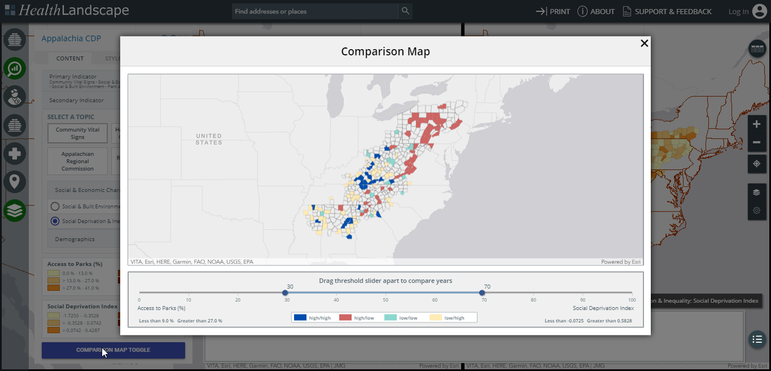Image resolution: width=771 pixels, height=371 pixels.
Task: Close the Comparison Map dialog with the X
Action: [644, 43]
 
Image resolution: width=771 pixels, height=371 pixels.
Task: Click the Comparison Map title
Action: [385, 52]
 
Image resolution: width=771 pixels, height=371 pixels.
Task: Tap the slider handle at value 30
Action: [285, 293]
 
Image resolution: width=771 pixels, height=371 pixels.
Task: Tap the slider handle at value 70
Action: [482, 293]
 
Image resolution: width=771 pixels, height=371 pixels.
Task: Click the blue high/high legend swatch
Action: [300, 317]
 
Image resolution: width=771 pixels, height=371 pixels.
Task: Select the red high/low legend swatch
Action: [345, 317]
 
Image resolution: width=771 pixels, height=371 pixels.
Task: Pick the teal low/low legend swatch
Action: [391, 317]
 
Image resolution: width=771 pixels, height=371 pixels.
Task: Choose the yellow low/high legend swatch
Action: [436, 317]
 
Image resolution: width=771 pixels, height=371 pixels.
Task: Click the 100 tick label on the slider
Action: [632, 300]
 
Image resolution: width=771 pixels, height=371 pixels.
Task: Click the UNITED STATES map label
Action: [209, 139]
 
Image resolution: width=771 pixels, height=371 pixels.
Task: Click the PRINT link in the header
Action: [553, 11]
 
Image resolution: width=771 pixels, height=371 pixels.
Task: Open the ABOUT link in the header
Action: [596, 11]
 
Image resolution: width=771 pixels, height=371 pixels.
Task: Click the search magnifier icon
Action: [405, 11]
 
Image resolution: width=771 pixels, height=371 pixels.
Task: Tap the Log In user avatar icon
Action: [760, 11]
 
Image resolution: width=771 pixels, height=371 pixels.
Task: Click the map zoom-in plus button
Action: [756, 124]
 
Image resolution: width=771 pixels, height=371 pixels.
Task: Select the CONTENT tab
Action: [70, 58]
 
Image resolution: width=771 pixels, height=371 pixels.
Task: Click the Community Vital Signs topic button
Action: [78, 133]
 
